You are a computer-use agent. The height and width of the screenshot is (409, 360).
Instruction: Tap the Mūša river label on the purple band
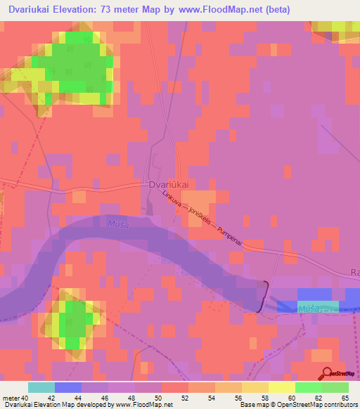[x=119, y=224]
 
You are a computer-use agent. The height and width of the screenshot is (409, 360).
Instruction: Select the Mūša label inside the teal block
[x=308, y=308]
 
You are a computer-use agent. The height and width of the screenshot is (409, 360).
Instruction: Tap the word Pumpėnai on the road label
[x=230, y=235]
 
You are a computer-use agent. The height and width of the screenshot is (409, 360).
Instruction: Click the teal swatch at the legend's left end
[x=41, y=387]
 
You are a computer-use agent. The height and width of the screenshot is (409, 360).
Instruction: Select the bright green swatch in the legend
[x=308, y=387]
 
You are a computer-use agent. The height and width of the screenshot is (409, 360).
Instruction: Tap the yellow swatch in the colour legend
[x=281, y=387]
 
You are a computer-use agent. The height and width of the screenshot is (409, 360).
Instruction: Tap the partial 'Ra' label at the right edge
[x=355, y=272]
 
